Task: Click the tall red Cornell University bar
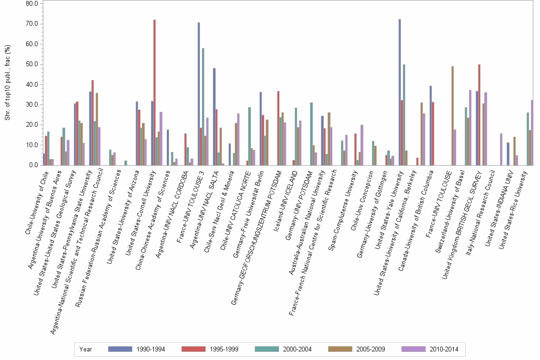click(x=154, y=92)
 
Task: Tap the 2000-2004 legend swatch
click(x=269, y=349)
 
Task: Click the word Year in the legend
click(x=86, y=349)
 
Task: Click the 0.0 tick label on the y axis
click(x=33, y=165)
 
